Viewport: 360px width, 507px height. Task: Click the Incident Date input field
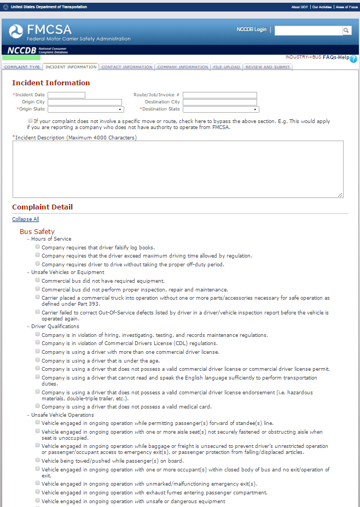[66, 95]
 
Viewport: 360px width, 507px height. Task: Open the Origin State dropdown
[85, 109]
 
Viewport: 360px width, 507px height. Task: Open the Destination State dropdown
[220, 109]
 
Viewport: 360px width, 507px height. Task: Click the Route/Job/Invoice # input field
[219, 95]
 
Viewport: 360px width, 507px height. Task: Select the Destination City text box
[219, 102]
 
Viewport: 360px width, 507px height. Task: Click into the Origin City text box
[85, 102]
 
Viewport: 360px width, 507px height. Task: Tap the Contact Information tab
[126, 67]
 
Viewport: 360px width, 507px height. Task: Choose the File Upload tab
[227, 67]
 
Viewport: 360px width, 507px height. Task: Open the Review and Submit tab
[268, 67]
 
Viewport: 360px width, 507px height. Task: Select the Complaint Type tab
[22, 67]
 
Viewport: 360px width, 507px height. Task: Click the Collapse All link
[26, 219]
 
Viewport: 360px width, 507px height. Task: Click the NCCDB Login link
[252, 30]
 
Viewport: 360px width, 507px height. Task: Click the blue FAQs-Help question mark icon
[353, 59]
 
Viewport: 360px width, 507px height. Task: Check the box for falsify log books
[38, 247]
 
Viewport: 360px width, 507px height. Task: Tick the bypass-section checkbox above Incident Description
[30, 121]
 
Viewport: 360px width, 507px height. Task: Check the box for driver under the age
[38, 360]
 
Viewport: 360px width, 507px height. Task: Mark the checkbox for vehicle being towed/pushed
[38, 460]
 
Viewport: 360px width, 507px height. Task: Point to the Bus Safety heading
[37, 232]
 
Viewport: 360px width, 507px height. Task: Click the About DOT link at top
[299, 7]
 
